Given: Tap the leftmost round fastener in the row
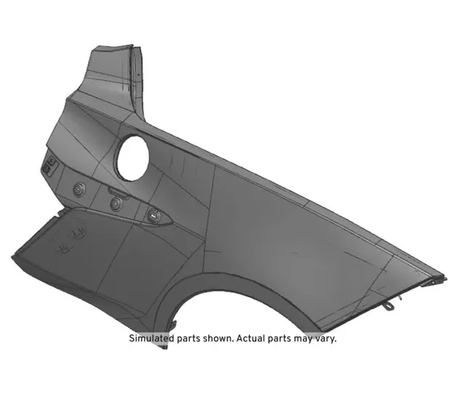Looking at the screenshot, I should point(78,189).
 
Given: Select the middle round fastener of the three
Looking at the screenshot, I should point(116,203).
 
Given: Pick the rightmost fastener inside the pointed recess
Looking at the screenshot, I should point(153,215).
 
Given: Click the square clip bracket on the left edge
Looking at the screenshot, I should point(50,166).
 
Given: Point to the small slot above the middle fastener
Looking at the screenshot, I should point(115,191).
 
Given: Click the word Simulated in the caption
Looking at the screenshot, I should point(154,338).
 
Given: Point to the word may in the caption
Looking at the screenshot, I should point(307,338).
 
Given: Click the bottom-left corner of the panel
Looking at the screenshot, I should point(15,257).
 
